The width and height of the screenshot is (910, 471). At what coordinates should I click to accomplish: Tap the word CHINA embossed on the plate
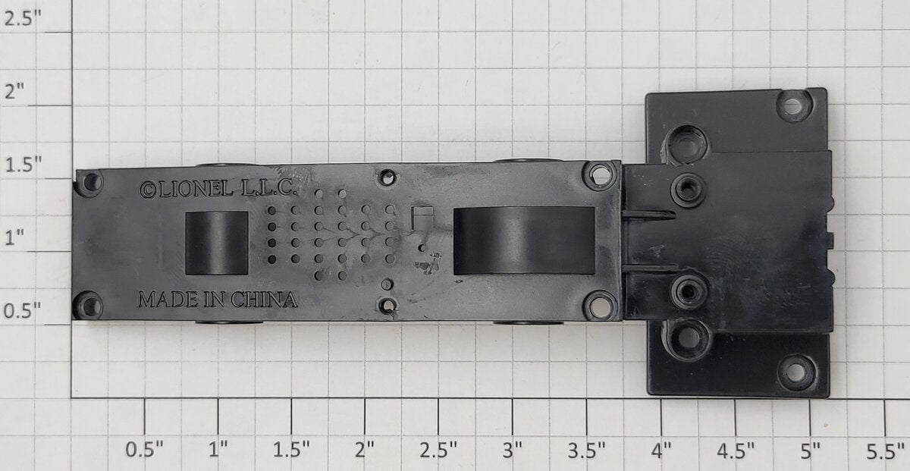click(264, 300)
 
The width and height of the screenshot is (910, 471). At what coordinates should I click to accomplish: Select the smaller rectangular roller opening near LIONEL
click(217, 243)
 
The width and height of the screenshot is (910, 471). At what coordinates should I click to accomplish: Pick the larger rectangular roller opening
click(524, 240)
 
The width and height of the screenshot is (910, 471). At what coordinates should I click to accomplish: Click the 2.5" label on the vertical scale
click(22, 19)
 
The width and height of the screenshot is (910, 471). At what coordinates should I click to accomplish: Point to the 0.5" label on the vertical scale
click(22, 311)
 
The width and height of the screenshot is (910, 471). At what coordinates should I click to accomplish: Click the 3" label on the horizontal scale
click(513, 451)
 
